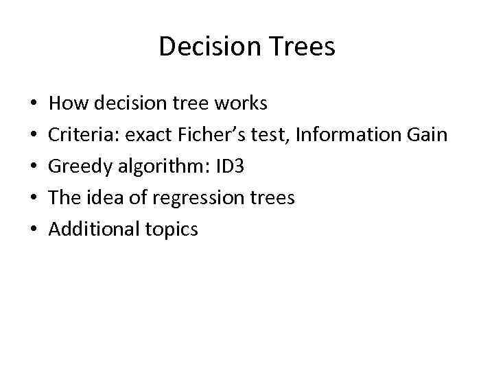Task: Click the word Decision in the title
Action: coord(201,47)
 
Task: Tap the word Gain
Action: coord(427,135)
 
